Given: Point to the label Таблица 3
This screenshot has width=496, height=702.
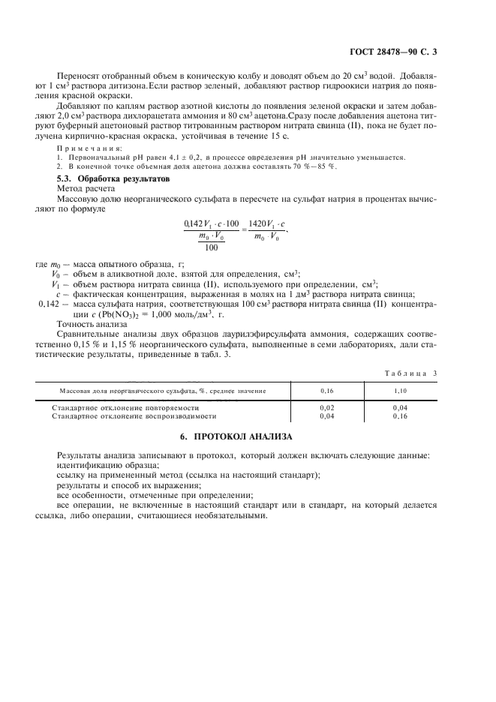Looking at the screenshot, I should [416, 373].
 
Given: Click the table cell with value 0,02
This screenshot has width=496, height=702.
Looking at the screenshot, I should [327, 407].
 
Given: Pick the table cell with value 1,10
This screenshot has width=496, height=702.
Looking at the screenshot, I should [400, 391].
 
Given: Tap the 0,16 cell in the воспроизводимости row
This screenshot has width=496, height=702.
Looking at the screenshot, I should [400, 415].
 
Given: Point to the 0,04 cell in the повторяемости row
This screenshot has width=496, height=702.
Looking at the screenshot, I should [400, 407].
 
